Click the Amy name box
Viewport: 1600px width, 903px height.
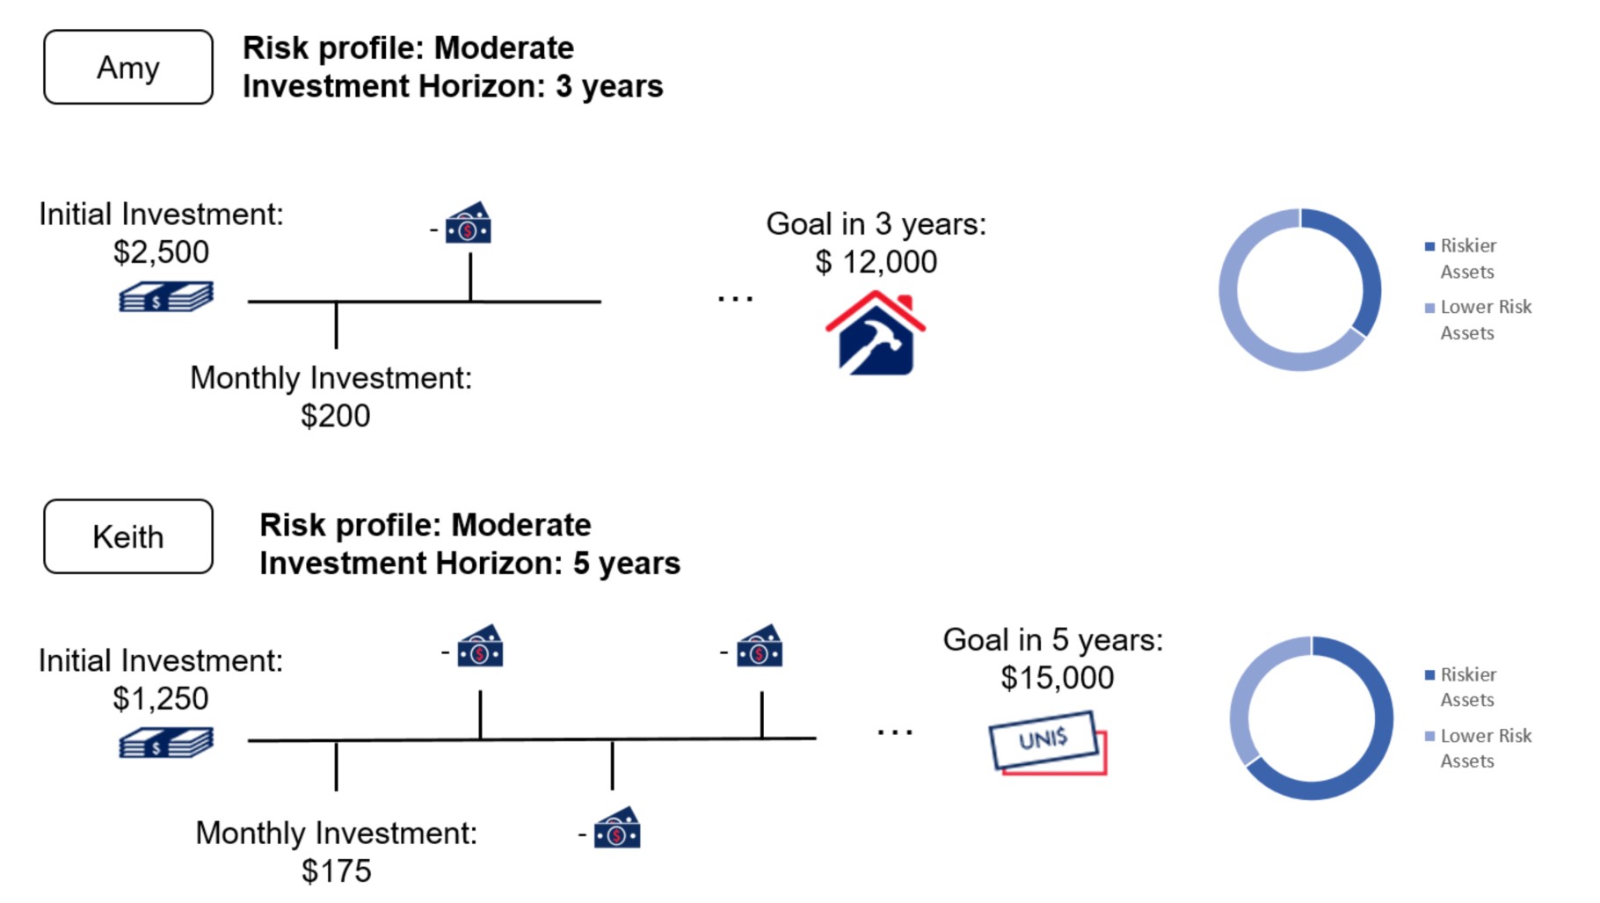point(128,67)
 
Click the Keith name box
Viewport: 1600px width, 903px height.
point(128,536)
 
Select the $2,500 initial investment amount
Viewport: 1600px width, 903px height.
point(161,252)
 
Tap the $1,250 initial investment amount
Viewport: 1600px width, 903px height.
point(161,699)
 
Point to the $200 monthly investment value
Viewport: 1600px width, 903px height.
point(335,416)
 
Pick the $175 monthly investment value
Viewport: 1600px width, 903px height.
point(336,871)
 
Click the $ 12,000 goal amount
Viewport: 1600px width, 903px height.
point(876,262)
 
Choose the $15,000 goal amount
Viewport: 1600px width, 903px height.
point(1058,678)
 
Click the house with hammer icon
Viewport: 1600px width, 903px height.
point(876,333)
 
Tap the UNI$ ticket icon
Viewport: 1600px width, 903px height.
point(1048,743)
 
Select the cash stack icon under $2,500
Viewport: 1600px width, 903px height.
point(166,297)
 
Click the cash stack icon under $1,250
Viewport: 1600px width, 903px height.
point(166,743)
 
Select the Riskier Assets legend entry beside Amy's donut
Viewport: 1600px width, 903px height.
point(1468,259)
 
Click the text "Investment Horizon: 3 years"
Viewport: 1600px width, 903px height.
point(453,86)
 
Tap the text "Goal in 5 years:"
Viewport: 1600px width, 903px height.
point(1053,640)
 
